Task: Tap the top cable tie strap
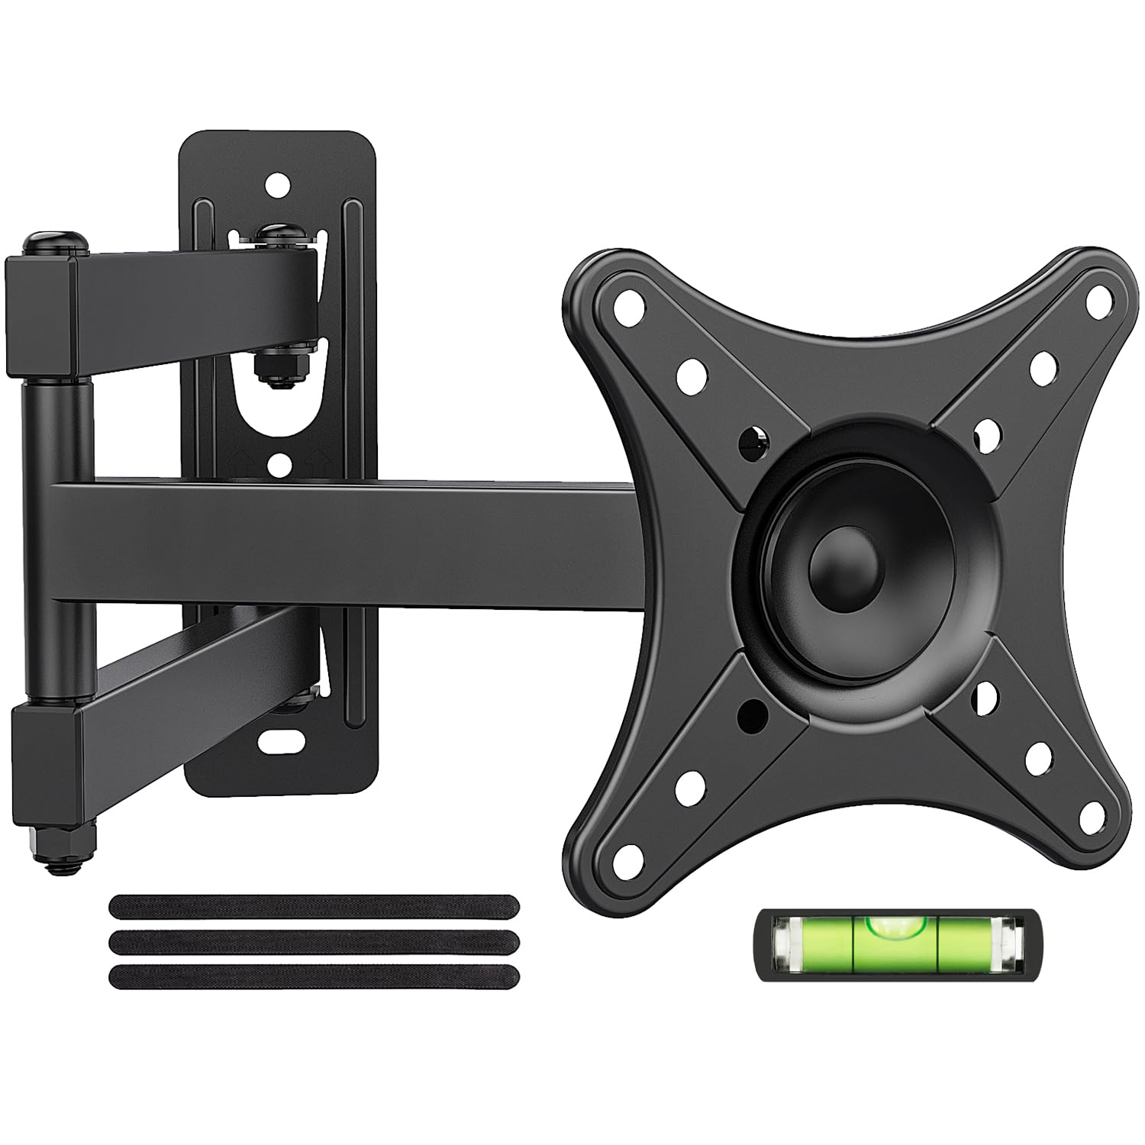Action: pyautogui.click(x=314, y=907)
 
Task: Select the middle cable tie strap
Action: pyautogui.click(x=314, y=941)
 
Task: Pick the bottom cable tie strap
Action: pyautogui.click(x=314, y=976)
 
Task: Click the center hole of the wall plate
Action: pyautogui.click(x=280, y=462)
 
